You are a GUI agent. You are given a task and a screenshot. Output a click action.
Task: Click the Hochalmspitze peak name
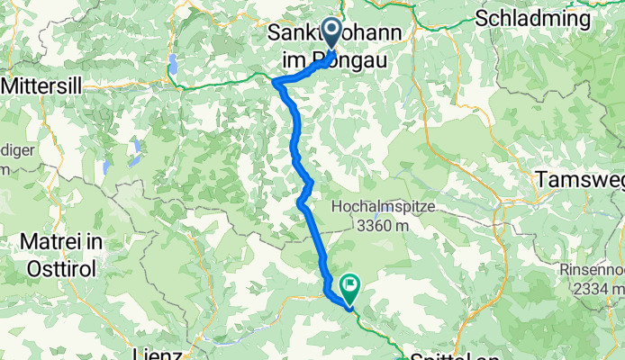coord(371,207)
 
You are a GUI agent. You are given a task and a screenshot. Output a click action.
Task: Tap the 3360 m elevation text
coord(371,226)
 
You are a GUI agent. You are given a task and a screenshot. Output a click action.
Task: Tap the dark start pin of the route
coord(331,33)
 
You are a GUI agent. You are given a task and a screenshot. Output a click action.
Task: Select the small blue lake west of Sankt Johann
coord(172,63)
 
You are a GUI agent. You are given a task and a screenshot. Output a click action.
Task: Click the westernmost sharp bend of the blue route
coord(274,81)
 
